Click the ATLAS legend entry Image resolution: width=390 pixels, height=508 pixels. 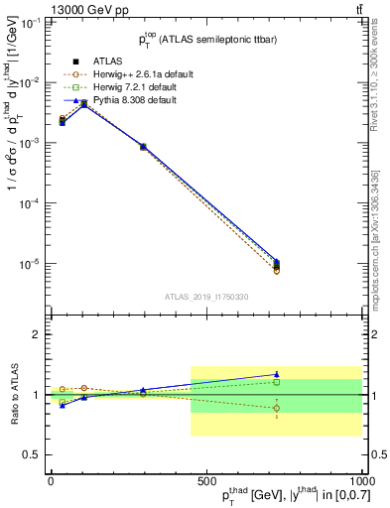(x=95, y=61)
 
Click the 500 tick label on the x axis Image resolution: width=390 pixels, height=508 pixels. (x=205, y=480)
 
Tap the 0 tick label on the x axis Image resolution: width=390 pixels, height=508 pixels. (x=51, y=480)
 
